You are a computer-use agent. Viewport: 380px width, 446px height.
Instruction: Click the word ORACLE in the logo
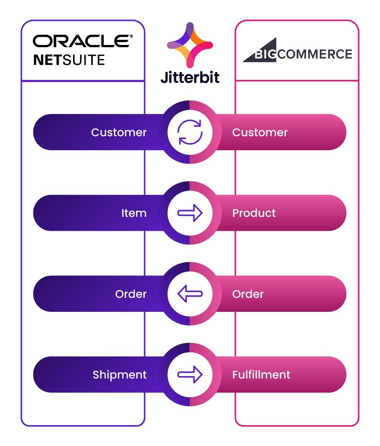tap(81, 41)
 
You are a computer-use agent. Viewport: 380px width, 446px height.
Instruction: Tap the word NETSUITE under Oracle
tap(69, 60)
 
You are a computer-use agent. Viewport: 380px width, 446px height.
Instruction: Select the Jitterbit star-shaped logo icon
tap(190, 45)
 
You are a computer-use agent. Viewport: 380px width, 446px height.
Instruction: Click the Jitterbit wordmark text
tap(190, 77)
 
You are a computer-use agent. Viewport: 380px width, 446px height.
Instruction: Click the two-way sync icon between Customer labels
tap(190, 132)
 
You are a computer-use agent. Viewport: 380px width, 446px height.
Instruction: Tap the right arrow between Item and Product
tap(190, 213)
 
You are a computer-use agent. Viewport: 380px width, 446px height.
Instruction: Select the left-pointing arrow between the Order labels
tap(190, 294)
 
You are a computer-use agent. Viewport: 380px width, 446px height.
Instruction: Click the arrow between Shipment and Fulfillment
tap(190, 374)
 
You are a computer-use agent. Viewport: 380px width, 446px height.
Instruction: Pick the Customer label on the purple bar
tap(119, 132)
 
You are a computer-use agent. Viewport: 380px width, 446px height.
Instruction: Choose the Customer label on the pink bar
tap(260, 132)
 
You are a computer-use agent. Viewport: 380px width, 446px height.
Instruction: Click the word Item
tap(134, 213)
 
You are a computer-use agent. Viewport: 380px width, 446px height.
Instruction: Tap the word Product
tap(254, 213)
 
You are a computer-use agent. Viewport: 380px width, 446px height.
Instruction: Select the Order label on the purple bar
tap(131, 294)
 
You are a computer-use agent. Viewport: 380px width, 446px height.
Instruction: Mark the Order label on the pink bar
tap(248, 294)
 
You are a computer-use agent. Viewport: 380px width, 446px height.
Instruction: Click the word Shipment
tap(119, 375)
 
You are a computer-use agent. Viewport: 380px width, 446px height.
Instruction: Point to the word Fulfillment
tap(261, 375)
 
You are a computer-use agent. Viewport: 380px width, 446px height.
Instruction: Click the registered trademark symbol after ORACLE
tap(131, 36)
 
